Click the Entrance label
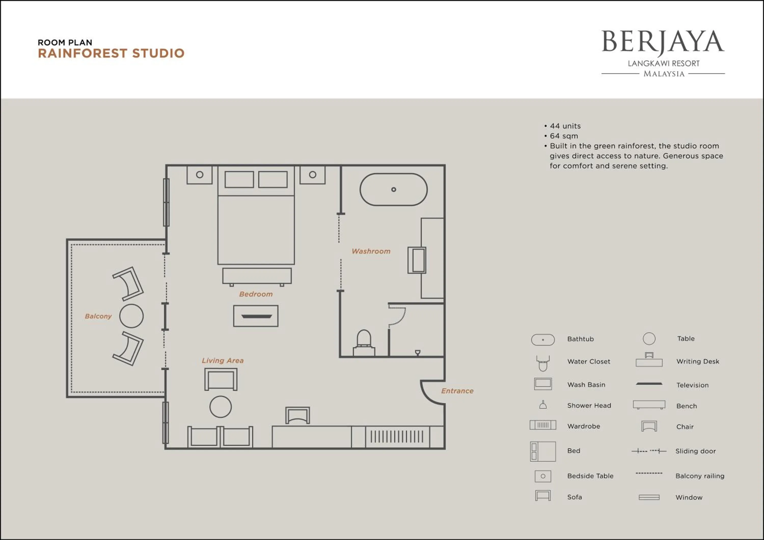point(457,391)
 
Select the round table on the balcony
point(131,316)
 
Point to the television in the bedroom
point(256,316)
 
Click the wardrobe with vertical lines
point(397,437)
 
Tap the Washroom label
point(371,251)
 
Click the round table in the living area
point(220,407)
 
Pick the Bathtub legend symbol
point(543,340)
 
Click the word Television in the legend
point(692,385)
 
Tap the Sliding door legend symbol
point(649,451)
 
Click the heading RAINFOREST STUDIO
point(111,53)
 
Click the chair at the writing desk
point(297,415)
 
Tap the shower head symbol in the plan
point(418,352)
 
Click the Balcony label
point(98,316)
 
